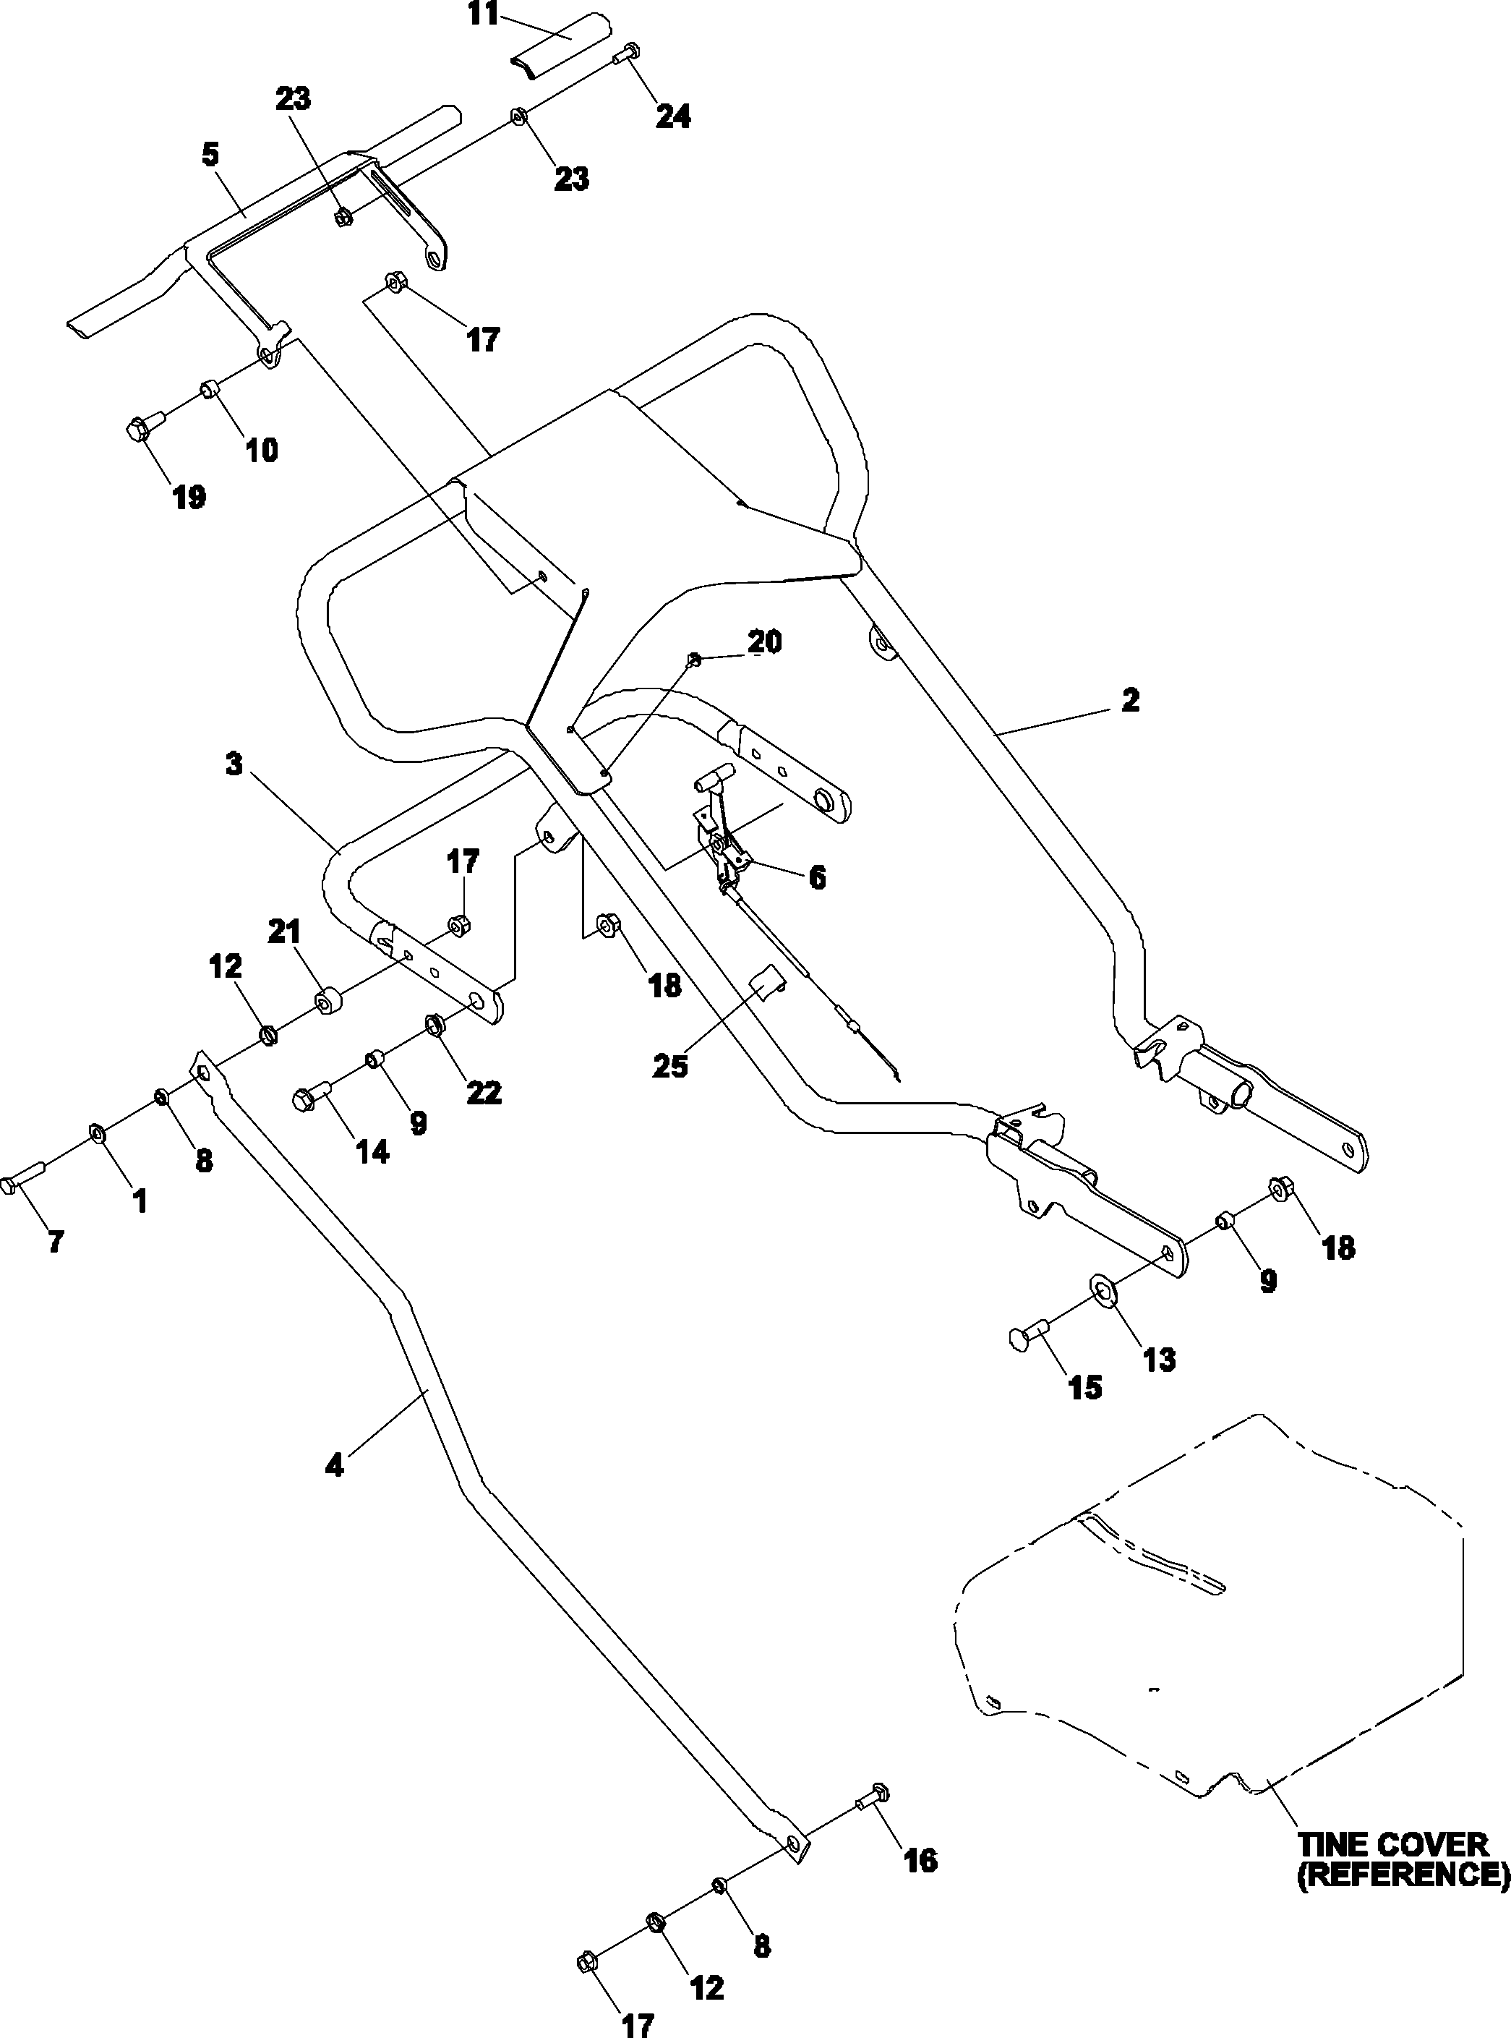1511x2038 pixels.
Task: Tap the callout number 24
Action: [x=672, y=116]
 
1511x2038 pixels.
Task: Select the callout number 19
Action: [x=189, y=498]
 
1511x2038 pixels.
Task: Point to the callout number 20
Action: [x=765, y=642]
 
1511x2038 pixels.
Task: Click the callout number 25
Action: [x=669, y=1067]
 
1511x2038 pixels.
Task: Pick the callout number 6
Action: [x=817, y=878]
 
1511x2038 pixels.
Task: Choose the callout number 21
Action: [x=284, y=933]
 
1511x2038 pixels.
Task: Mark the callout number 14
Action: [x=372, y=1151]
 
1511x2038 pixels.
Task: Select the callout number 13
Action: [x=1159, y=1360]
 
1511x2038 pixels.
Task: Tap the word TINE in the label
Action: [x=1335, y=1844]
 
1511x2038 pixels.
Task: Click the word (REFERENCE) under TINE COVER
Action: [x=1402, y=1875]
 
